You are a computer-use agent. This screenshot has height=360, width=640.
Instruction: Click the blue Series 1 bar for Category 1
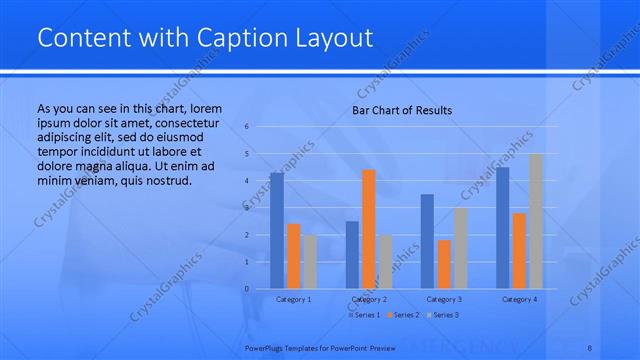click(x=277, y=231)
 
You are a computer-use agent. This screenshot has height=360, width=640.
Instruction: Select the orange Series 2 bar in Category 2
click(x=369, y=229)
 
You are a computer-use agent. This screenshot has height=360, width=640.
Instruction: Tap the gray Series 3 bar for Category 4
click(x=535, y=221)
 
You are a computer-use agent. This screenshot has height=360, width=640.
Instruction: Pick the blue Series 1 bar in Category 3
click(x=427, y=241)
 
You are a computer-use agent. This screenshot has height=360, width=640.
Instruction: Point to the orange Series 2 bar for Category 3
click(x=444, y=264)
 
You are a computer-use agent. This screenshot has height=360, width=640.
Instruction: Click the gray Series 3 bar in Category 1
click(x=310, y=262)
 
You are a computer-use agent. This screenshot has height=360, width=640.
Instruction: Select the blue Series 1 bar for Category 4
click(x=502, y=228)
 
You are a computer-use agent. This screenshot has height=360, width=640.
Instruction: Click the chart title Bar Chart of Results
click(x=402, y=110)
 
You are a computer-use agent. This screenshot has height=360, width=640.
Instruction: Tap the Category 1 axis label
click(x=293, y=299)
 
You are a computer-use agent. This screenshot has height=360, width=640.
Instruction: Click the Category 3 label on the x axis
click(x=444, y=299)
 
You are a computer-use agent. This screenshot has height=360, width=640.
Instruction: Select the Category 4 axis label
click(x=519, y=299)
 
